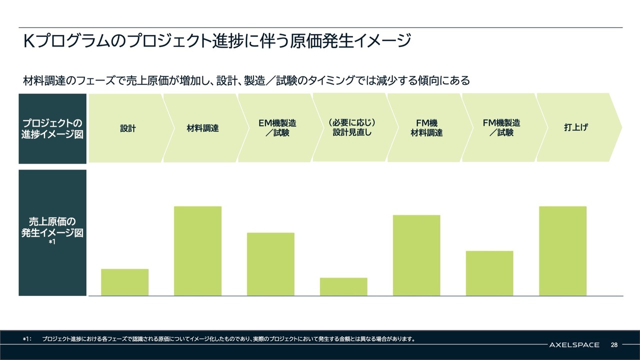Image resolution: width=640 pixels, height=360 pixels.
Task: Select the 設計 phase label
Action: (128, 128)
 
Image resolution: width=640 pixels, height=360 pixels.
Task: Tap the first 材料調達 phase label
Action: (202, 128)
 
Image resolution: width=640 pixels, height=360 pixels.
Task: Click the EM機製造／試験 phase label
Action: (277, 128)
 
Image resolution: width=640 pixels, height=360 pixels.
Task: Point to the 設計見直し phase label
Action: (352, 128)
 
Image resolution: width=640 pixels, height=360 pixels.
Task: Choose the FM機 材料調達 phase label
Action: (426, 128)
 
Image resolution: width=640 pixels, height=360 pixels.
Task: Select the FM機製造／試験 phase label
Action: (501, 128)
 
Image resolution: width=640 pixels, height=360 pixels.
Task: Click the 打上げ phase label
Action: (575, 128)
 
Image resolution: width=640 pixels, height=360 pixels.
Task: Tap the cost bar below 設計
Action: (124, 282)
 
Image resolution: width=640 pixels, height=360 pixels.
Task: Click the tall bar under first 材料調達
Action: (197, 250)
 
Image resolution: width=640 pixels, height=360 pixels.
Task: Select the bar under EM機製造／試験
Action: (270, 264)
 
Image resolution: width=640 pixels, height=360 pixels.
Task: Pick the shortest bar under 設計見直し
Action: (343, 286)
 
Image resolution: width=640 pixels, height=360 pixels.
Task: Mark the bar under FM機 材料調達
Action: (416, 255)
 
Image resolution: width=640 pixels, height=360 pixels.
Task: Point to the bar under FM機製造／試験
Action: (489, 273)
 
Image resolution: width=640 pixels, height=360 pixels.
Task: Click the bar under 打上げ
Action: (562, 250)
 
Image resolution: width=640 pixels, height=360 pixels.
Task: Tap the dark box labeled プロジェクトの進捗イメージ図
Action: (52, 128)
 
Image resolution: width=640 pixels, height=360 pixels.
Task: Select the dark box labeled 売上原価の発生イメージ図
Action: (52, 232)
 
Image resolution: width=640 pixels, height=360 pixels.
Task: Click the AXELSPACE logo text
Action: (572, 345)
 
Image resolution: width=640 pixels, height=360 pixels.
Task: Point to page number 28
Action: (614, 345)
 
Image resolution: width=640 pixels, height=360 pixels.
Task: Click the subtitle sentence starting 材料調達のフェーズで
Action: (246, 80)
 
